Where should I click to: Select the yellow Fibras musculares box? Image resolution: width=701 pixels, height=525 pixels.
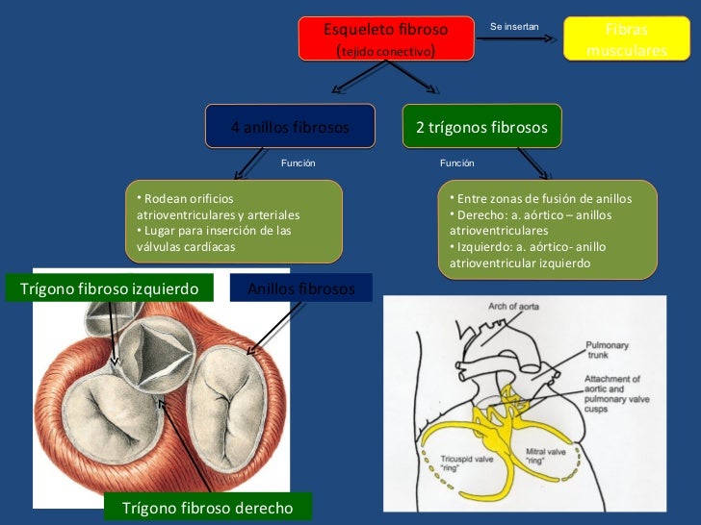tap(626, 39)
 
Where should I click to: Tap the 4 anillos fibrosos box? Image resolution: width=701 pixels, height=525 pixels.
tap(290, 127)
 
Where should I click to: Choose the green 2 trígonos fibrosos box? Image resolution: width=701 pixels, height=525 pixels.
tap(481, 127)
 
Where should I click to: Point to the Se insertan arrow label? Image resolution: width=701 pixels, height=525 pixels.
tap(515, 26)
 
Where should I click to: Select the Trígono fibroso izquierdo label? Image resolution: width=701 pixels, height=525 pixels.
tap(109, 288)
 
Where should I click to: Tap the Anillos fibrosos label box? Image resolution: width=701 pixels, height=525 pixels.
tap(301, 288)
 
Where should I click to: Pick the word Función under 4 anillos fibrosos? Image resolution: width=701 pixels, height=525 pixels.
tap(298, 163)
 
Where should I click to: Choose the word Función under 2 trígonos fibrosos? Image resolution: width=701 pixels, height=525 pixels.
tap(456, 163)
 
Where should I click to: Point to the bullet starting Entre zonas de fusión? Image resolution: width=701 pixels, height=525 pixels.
tap(545, 198)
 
